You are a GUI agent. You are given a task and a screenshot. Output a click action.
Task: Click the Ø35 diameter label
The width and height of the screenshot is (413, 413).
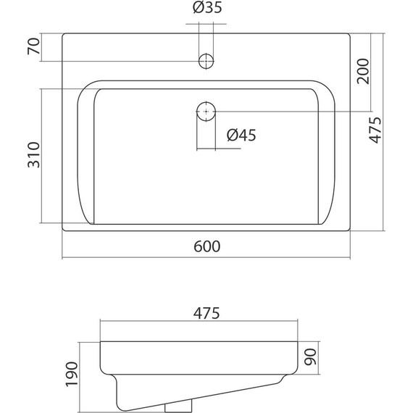tap(208, 9)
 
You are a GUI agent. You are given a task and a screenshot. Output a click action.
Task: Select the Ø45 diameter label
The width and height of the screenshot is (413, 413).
tap(242, 135)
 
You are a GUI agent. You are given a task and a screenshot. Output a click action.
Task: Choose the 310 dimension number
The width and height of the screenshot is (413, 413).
tap(32, 155)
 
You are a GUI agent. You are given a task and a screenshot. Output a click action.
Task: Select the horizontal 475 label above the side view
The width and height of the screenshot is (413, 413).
tap(206, 313)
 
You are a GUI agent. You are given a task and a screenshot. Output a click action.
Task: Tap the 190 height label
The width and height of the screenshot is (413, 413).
tap(72, 375)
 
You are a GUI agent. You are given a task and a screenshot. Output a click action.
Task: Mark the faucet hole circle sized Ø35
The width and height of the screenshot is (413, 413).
tap(206, 60)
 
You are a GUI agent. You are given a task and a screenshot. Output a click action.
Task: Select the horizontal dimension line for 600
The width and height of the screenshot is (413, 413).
tap(206, 258)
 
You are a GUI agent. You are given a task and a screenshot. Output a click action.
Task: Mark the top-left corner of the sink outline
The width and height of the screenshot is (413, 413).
tap(63, 33)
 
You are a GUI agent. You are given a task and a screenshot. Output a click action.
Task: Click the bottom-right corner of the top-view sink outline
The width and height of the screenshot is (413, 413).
tap(351, 232)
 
